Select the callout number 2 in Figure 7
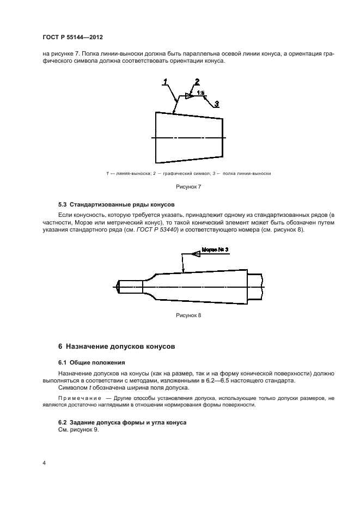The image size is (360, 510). [x=197, y=81]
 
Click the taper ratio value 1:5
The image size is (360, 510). [x=200, y=94]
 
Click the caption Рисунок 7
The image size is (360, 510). [x=188, y=187]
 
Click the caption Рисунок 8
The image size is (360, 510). [x=188, y=315]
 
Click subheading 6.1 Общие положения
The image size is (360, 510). [x=91, y=362]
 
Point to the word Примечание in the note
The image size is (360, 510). [x=78, y=399]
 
